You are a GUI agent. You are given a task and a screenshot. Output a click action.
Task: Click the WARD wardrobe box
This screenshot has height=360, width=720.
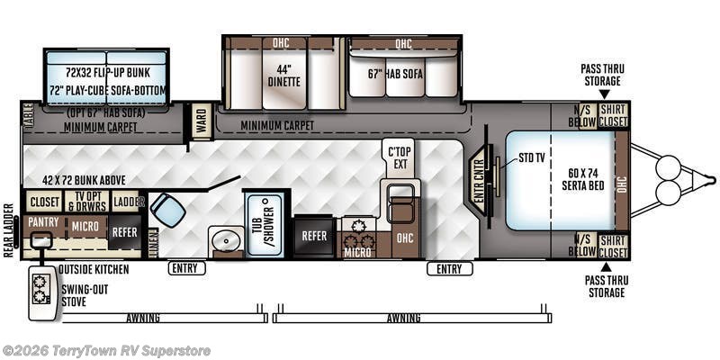[201, 121]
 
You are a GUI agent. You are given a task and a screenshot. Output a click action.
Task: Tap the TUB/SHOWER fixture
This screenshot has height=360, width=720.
[265, 224]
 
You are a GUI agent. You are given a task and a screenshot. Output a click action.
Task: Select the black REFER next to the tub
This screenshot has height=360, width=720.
[314, 236]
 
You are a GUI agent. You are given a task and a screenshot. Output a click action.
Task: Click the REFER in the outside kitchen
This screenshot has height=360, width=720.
[125, 232]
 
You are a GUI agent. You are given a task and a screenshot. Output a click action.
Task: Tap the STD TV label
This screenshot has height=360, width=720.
[531, 158]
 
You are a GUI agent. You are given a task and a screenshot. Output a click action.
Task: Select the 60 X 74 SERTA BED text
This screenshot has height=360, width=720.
[583, 179]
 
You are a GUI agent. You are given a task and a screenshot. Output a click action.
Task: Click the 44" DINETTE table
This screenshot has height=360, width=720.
[284, 79]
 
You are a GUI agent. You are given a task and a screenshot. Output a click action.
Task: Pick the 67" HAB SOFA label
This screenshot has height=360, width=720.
[395, 74]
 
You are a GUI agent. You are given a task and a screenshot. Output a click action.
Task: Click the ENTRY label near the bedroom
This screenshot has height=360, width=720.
[449, 268]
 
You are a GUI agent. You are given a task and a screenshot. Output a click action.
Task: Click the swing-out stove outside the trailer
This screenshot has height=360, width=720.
[42, 292]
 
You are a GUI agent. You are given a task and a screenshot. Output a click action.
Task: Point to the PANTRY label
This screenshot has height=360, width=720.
[43, 221]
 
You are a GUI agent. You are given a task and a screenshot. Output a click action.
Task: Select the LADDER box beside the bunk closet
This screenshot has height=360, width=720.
[127, 202]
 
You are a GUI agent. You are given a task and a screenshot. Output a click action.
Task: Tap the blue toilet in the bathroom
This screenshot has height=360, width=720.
[167, 210]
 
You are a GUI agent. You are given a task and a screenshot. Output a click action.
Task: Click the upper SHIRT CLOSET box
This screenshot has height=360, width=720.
[613, 115]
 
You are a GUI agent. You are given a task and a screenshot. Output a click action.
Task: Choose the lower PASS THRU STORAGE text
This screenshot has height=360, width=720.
[606, 286]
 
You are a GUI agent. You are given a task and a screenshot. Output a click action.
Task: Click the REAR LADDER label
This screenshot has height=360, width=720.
[9, 229]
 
